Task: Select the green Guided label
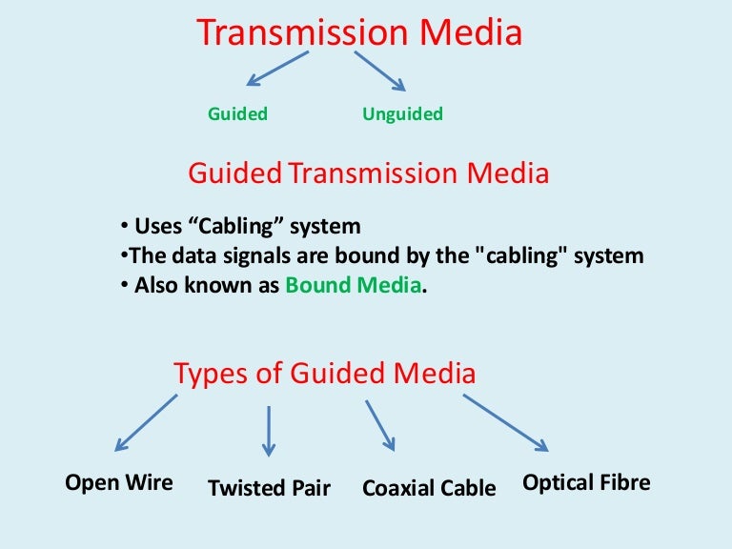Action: pos(237,114)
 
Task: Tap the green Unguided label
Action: pos(402,114)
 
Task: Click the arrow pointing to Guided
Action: pos(276,69)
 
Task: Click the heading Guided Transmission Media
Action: pos(368,173)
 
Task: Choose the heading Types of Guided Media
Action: pos(324,374)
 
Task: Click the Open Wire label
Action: pos(119,482)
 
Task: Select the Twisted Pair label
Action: pos(269,489)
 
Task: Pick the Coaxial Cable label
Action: pos(429,489)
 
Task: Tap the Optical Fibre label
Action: pos(586,482)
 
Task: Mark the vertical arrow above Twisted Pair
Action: pos(269,431)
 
